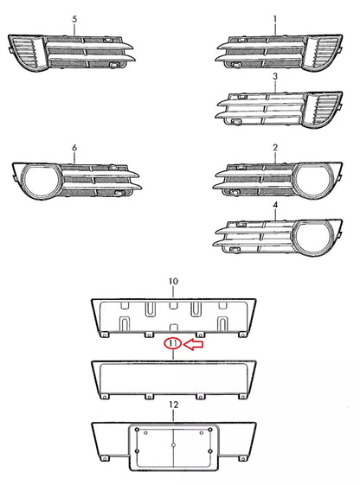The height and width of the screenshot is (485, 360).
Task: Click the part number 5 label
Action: coord(74,19)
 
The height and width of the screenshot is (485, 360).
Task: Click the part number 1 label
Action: coord(275,19)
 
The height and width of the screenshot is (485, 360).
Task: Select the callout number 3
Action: coord(275,77)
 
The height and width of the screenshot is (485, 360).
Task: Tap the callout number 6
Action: coord(74,149)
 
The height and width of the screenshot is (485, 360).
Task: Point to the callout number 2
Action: coord(275,149)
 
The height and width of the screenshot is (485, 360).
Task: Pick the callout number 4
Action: coord(275,207)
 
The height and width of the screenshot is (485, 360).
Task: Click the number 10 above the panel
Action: coord(173,282)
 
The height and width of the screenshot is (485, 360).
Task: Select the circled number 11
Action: coord(173,343)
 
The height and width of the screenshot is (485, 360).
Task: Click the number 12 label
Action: coord(173,405)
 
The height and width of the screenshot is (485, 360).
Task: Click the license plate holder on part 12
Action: coord(173,447)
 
